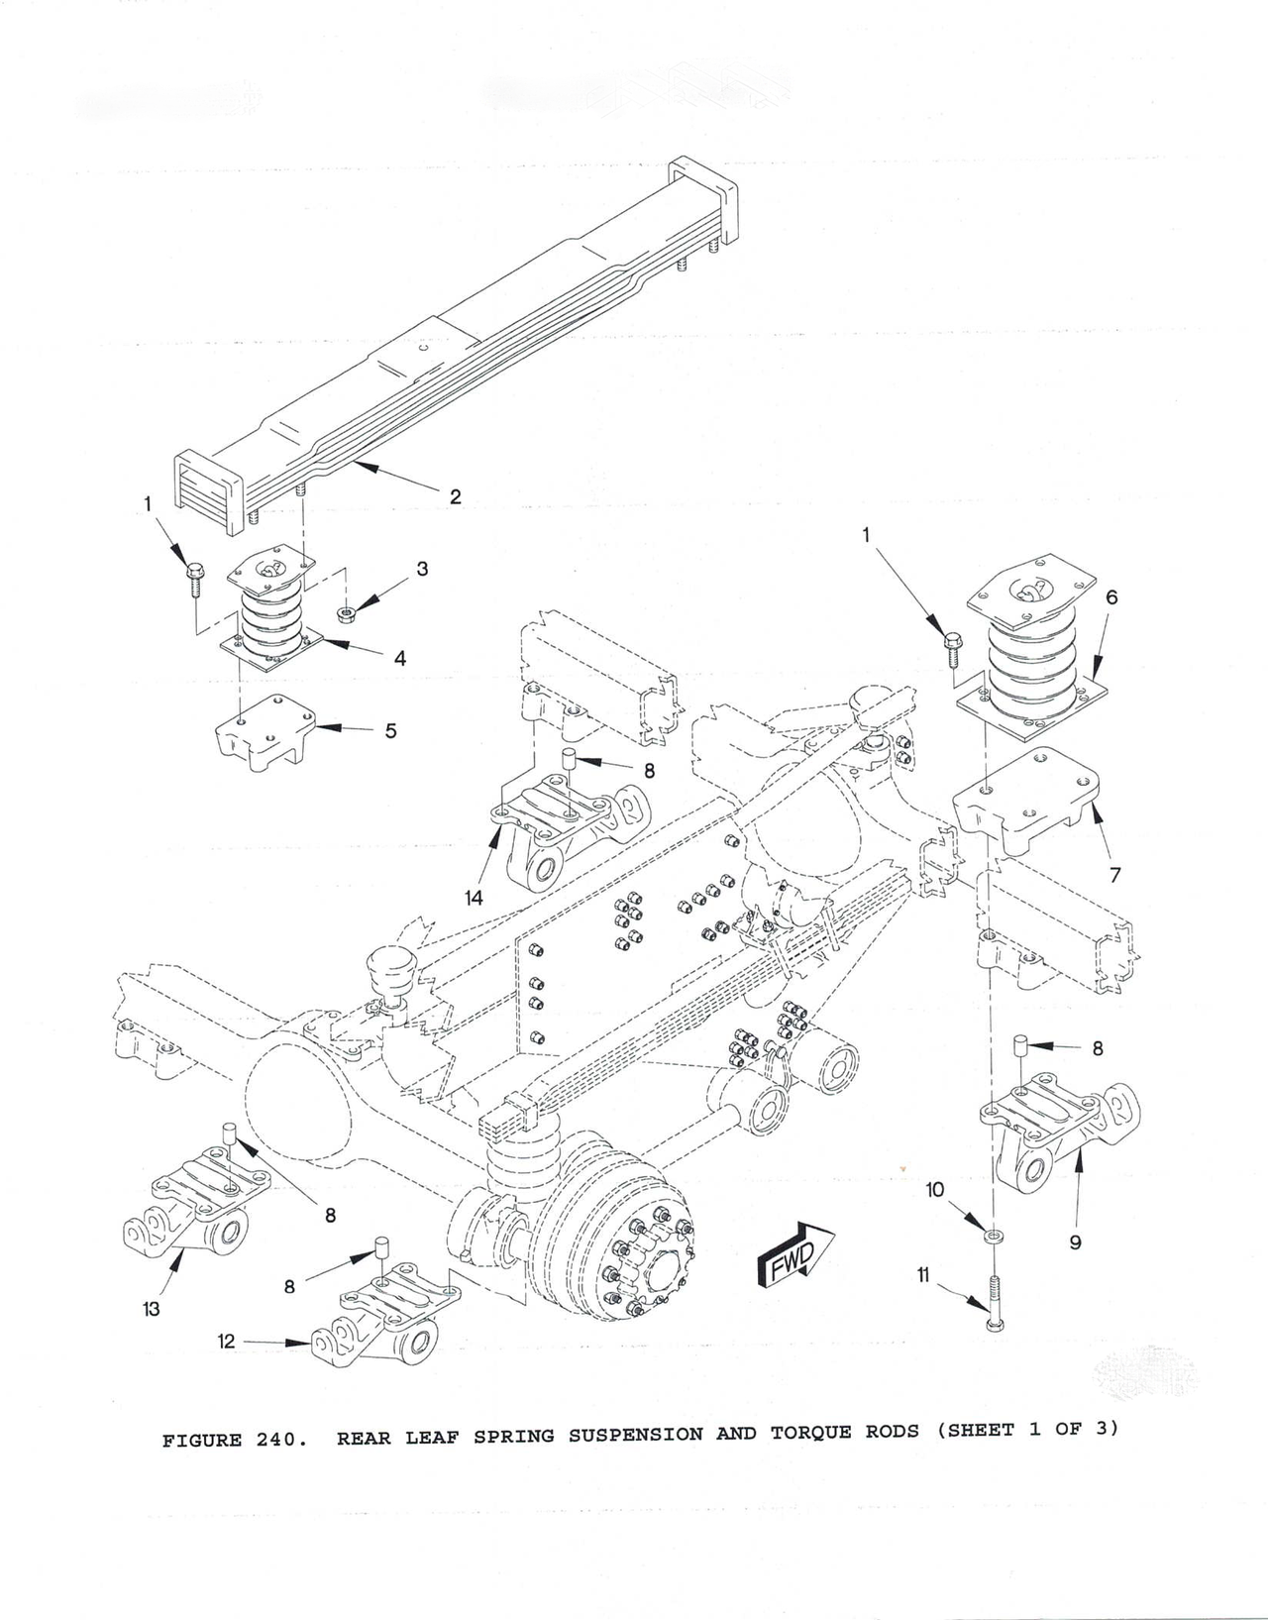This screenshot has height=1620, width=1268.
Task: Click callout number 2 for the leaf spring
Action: pyautogui.click(x=455, y=496)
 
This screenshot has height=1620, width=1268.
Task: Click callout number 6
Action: pyautogui.click(x=1111, y=597)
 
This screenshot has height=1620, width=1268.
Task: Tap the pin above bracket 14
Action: pyautogui.click(x=570, y=761)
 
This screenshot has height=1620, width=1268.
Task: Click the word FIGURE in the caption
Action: pyautogui.click(x=202, y=1440)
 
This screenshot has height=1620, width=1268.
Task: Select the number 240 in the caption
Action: pyautogui.click(x=276, y=1440)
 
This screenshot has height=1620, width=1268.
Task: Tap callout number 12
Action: pyautogui.click(x=227, y=1342)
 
